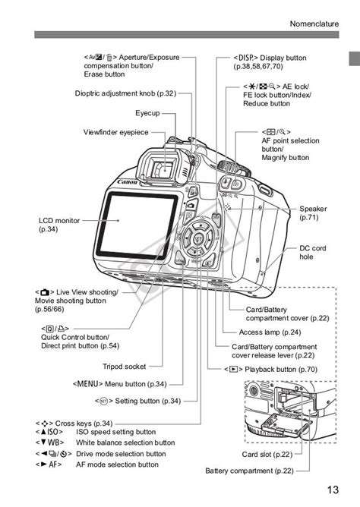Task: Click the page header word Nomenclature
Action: [314, 24]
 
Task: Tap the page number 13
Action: [333, 488]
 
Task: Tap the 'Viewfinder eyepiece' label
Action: [116, 132]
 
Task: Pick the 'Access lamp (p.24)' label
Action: [270, 332]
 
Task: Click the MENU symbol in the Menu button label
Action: [88, 384]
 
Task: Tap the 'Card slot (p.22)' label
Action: [267, 455]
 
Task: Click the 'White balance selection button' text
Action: [125, 442]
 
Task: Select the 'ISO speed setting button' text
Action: [115, 432]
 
